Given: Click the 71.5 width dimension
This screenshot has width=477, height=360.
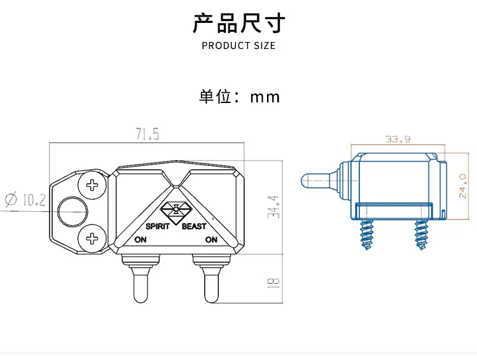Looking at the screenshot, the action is tap(148, 134).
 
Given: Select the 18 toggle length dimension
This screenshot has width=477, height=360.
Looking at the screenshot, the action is tap(273, 283).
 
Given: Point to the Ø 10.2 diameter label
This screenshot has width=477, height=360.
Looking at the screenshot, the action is tap(25, 200).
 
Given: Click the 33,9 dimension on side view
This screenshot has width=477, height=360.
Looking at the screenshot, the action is tap(398, 139).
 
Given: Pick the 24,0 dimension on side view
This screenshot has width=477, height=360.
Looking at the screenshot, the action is tap(462, 186).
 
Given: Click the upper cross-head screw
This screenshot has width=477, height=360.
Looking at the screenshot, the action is tap(92, 184).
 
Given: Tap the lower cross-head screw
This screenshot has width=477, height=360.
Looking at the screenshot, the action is tap(92, 239).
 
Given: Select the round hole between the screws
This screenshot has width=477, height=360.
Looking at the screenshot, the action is tap(73, 211).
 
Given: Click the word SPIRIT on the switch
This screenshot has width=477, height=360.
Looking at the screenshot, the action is tap(157, 226).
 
